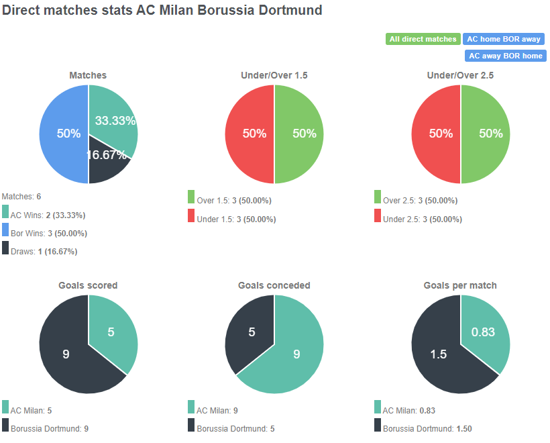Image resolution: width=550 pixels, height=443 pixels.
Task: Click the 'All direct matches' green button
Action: (423, 39)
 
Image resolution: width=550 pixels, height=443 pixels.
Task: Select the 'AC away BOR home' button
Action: (505, 56)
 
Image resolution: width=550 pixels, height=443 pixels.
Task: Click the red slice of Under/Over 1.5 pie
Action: (248, 134)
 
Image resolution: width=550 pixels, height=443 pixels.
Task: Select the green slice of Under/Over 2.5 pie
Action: (486, 134)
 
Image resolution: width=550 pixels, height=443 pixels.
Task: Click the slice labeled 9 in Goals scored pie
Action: (67, 354)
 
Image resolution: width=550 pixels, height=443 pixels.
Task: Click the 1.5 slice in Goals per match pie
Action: (439, 354)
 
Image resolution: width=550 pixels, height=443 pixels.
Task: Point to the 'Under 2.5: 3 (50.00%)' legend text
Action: (422, 219)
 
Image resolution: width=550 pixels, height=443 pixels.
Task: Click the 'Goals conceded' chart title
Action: (274, 285)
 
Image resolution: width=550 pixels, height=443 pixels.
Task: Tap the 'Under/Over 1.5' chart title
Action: (274, 76)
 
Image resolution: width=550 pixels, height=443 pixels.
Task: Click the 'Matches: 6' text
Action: (21, 197)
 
